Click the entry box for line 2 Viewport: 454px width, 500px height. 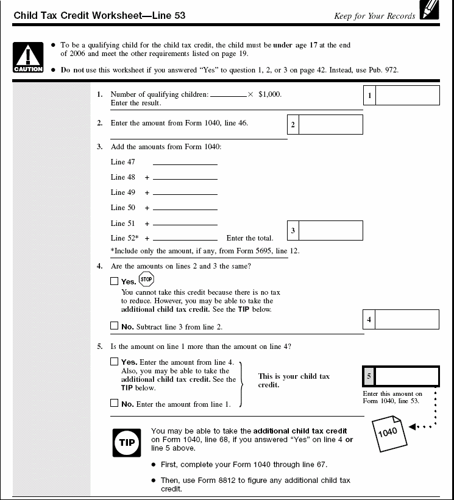click(331, 125)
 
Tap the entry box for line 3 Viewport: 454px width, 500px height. click(331, 231)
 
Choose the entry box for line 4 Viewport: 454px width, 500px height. click(407, 320)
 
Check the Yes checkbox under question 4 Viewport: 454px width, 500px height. click(115, 281)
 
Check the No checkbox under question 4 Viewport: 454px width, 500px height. click(115, 326)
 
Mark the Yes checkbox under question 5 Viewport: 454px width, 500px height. click(115, 362)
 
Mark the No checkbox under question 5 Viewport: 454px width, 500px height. click(115, 403)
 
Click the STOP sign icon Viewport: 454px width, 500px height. click(146, 280)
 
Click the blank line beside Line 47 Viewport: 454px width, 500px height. click(185, 163)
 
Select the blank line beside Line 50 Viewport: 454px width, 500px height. click(185, 208)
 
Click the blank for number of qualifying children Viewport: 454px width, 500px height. click(228, 95)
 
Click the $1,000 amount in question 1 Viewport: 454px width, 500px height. click(270, 94)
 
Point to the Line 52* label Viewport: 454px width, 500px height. click(125, 238)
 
